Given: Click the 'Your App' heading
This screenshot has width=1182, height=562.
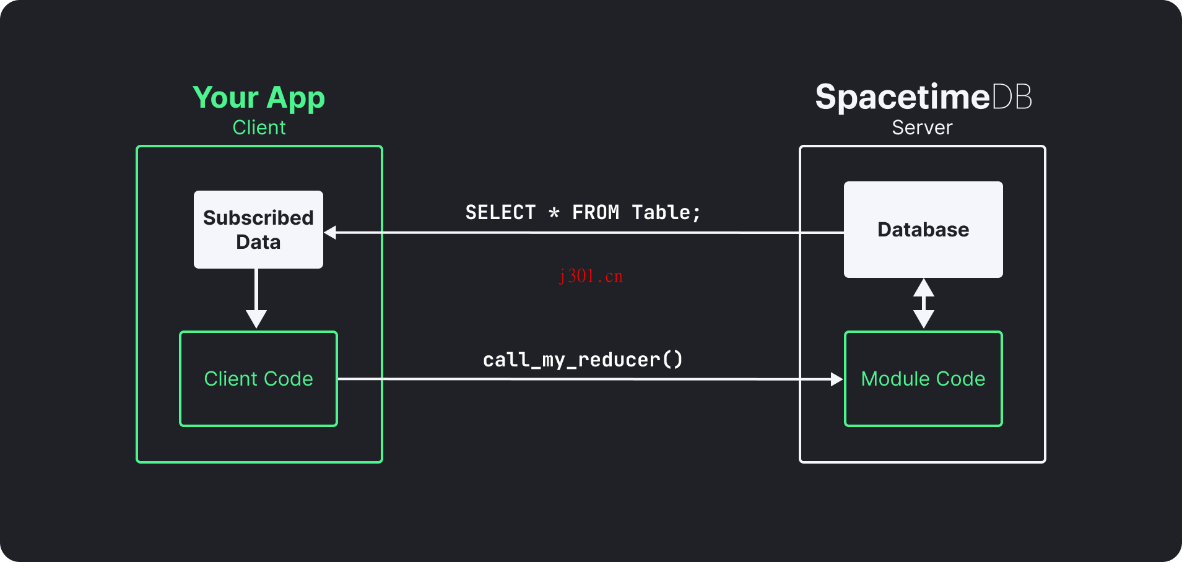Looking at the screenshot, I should click(258, 98).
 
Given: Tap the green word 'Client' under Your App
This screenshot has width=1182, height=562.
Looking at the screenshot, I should click(259, 128).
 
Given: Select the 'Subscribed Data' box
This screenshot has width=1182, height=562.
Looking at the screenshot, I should click(258, 230).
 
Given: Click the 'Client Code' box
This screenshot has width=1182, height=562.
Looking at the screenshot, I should click(258, 379).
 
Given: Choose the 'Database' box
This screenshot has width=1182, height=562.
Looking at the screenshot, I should click(923, 230).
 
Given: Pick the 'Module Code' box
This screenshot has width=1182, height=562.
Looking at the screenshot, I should click(923, 379).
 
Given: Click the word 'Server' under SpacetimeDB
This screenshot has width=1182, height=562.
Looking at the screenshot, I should click(922, 128).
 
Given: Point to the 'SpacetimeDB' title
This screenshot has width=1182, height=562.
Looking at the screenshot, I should click(923, 97).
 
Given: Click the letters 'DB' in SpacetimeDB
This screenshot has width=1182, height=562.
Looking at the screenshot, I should click(1012, 97).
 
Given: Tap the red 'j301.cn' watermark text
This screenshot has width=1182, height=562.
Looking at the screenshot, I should click(591, 276).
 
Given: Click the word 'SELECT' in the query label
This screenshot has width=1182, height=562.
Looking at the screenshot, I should click(500, 212).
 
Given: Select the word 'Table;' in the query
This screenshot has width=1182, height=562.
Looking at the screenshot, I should click(666, 212).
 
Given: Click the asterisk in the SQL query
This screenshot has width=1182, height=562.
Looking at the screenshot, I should click(554, 213).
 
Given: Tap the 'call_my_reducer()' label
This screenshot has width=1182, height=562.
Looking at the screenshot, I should click(583, 360).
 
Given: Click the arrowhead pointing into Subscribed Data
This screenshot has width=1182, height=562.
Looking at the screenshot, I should click(331, 233).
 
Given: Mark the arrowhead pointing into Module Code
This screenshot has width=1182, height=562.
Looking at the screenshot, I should click(837, 379).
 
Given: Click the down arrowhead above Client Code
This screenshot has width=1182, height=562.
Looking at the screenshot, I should click(256, 319).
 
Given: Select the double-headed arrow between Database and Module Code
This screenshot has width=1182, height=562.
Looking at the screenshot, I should click(923, 303).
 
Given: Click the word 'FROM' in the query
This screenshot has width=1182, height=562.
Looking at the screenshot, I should click(595, 212).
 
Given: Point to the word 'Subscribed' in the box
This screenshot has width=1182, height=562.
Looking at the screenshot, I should click(258, 218).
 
